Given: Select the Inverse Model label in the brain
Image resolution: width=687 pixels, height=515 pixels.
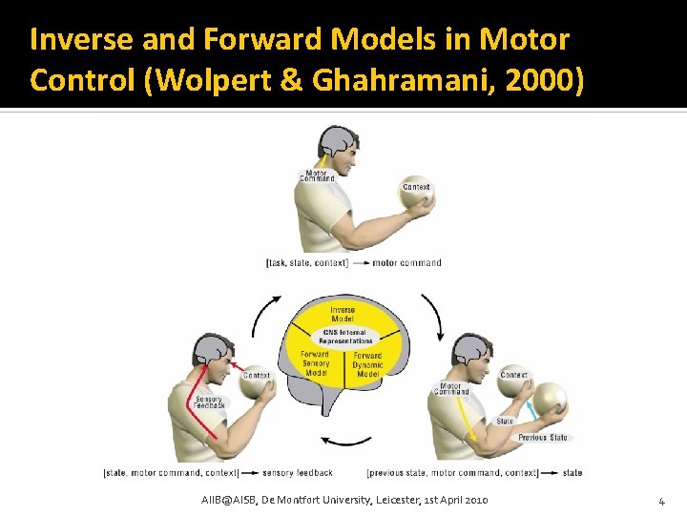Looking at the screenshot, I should click(343, 314).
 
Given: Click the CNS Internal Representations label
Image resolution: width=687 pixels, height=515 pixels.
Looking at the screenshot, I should click(346, 336).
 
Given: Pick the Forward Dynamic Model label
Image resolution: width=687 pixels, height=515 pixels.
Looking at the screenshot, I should click(367, 364).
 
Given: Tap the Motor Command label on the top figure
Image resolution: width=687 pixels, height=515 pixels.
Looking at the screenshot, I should click(317, 175).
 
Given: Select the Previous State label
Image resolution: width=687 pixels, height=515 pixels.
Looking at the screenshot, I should click(542, 438).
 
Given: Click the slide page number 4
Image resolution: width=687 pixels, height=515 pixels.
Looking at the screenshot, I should click(660, 501).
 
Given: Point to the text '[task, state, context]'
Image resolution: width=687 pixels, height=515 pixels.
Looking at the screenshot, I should click(306, 262).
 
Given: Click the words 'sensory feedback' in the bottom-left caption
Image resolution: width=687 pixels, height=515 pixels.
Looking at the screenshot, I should click(298, 472).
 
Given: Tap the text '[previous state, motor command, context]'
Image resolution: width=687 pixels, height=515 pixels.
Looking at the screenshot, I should click(452, 472).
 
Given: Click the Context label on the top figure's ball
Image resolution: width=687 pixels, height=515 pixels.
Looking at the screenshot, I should click(416, 187).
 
